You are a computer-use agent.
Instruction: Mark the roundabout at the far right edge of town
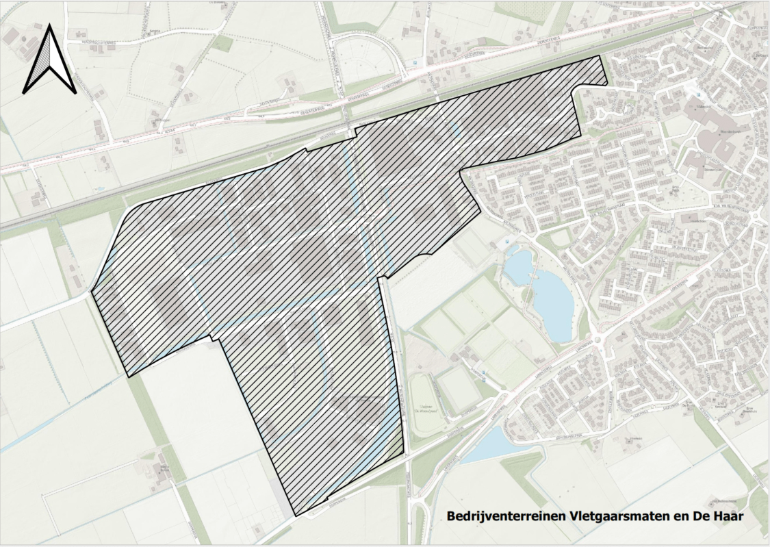coord(756,218)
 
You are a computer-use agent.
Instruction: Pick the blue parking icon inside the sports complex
coord(483,374)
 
